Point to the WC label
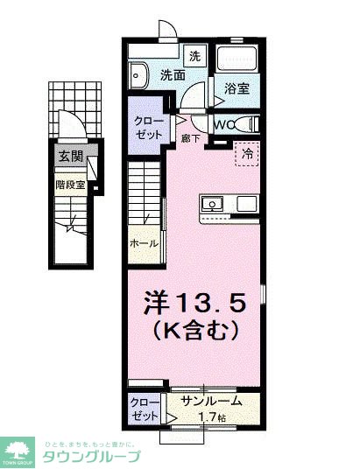click(x=221, y=124)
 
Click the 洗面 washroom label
click(x=172, y=76)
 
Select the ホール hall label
click(x=144, y=242)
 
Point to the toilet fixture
click(x=245, y=123)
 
